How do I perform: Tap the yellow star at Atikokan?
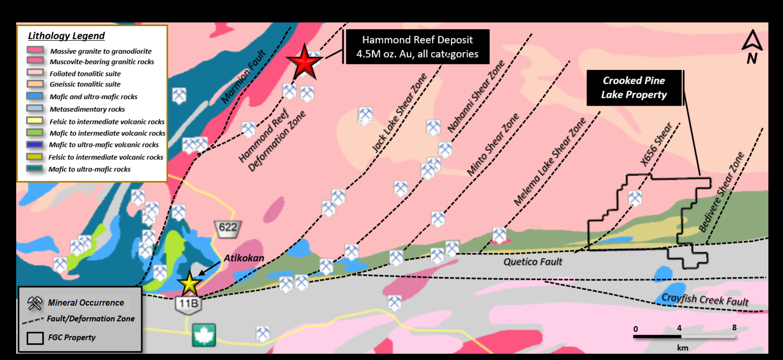click(x=189, y=284)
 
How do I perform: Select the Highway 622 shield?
click(x=227, y=229)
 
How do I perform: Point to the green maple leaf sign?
click(x=204, y=335)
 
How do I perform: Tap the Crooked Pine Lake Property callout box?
click(x=634, y=88)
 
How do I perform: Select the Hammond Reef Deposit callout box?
click(x=417, y=47)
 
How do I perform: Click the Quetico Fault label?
click(x=533, y=262)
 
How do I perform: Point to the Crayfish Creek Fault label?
click(x=705, y=299)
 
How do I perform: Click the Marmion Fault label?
click(x=244, y=76)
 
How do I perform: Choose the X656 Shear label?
click(x=656, y=144)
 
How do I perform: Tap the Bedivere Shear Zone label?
click(x=721, y=192)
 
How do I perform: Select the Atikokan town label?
click(x=244, y=258)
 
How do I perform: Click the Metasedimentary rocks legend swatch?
click(x=35, y=108)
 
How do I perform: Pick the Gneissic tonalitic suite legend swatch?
click(x=35, y=84)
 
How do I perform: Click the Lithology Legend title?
click(x=66, y=36)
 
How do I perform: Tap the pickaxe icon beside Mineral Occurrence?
click(x=34, y=303)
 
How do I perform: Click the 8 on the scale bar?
click(x=734, y=328)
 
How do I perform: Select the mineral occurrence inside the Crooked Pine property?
click(x=635, y=198)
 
